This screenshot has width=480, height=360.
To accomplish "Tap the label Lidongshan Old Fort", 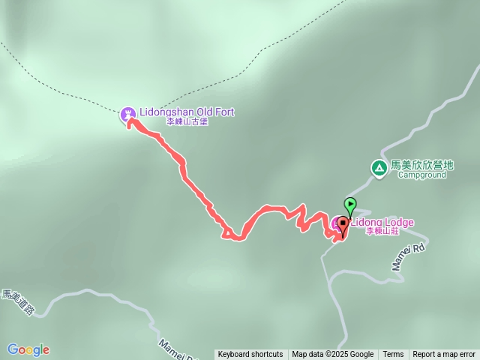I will tap(187, 112).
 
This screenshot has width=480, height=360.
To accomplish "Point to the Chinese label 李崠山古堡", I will tap(187, 121).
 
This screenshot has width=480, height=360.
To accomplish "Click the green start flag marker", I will tap(349, 204).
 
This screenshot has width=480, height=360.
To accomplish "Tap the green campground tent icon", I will tap(379, 169).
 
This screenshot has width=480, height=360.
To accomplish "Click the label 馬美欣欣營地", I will tap(422, 165).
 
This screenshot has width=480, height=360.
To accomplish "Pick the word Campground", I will tap(421, 175).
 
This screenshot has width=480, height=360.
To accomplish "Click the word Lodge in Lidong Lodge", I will tap(397, 223).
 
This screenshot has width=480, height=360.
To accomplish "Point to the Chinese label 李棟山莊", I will tap(382, 232).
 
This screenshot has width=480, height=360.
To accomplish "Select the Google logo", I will tap(28, 349).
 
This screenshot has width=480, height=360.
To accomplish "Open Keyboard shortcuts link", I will tap(250, 355).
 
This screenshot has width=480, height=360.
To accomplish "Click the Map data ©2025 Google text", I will tap(333, 355).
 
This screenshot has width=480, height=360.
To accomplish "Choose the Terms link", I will tap(393, 355).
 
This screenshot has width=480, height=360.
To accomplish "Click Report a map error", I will tap(444, 355).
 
